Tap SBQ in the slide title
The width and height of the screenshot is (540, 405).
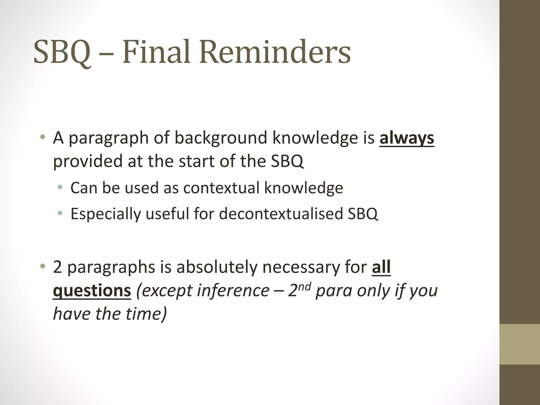[62, 52]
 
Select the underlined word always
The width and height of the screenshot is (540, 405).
[407, 138]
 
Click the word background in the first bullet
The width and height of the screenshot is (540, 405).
[221, 138]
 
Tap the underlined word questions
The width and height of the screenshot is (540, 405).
[92, 291]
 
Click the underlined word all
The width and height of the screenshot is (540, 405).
[381, 267]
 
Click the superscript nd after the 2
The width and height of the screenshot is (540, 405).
[305, 286]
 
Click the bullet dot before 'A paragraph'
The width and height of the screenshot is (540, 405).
[42, 137]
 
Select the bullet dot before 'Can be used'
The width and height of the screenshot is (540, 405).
[60, 187]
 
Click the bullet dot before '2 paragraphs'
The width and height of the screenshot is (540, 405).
[42, 266]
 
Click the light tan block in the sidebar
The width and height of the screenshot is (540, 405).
[519, 344]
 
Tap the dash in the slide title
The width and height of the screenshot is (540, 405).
[107, 54]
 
